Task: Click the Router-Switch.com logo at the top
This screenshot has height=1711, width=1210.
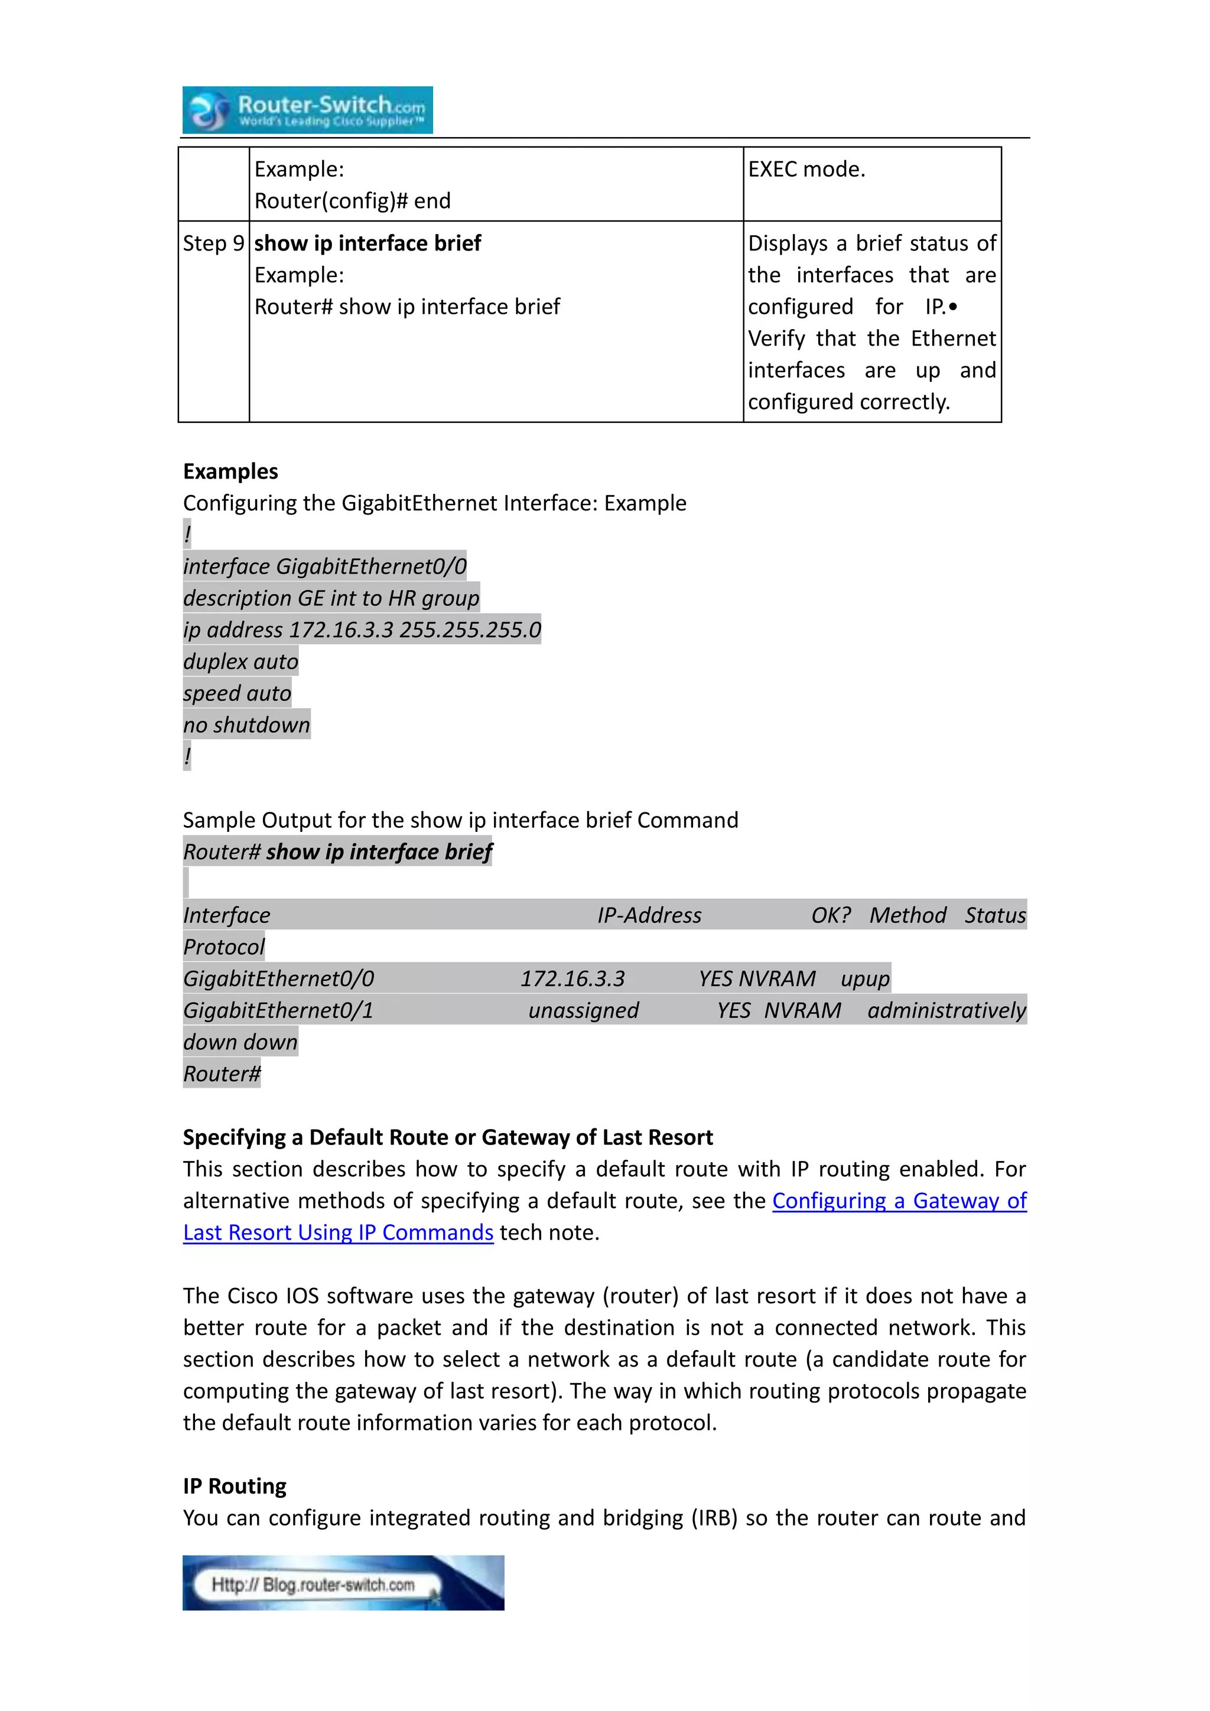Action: point(307,110)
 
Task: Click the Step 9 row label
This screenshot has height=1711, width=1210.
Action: point(213,243)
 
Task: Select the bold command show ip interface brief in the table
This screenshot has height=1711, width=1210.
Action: point(367,243)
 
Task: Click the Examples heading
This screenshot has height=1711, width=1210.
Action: point(230,471)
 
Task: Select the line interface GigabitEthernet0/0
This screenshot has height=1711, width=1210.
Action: point(325,567)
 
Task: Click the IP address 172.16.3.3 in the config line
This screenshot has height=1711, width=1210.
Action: point(340,630)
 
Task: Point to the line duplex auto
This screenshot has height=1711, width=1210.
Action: point(240,662)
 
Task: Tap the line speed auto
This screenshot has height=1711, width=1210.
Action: point(237,694)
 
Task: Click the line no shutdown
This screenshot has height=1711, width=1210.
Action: point(246,725)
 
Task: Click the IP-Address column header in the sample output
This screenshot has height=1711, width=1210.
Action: point(649,915)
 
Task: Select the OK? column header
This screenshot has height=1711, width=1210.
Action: point(830,915)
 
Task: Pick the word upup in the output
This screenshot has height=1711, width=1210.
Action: point(865,978)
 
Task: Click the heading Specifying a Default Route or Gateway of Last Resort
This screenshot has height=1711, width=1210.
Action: point(448,1137)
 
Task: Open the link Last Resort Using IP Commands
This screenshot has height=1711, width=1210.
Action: point(339,1232)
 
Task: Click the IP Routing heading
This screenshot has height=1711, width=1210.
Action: point(235,1486)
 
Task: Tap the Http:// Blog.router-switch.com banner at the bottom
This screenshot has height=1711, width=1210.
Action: point(343,1583)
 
